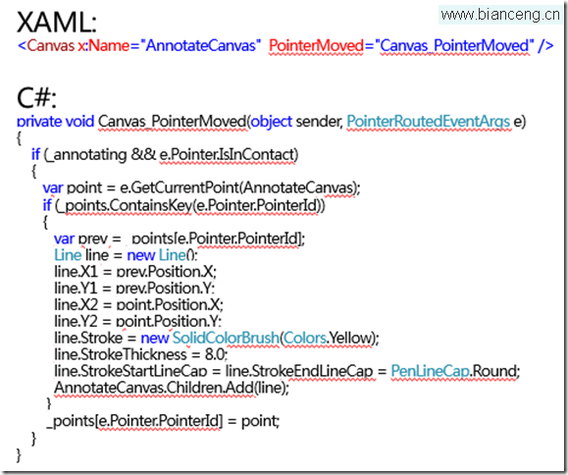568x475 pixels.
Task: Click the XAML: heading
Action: pyautogui.click(x=57, y=23)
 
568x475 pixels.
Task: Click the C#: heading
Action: pyautogui.click(x=36, y=98)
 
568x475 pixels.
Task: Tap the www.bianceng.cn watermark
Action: pyautogui.click(x=500, y=15)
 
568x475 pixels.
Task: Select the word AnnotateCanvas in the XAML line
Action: pyautogui.click(x=200, y=46)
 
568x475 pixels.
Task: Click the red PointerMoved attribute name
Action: pyautogui.click(x=316, y=46)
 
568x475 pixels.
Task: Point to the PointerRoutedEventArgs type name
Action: pyautogui.click(x=428, y=122)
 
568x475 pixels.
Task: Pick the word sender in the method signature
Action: pyautogui.click(x=319, y=122)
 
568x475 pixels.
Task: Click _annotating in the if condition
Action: pyautogui.click(x=86, y=155)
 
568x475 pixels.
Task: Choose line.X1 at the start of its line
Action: pyautogui.click(x=76, y=272)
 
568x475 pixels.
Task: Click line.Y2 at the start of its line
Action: pyautogui.click(x=76, y=321)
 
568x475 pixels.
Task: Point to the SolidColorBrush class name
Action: pyautogui.click(x=226, y=338)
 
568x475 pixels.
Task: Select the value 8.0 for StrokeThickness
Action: pyautogui.click(x=216, y=354)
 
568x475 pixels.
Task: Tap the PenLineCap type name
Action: pyautogui.click(x=431, y=371)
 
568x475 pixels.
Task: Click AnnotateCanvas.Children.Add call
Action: pyautogui.click(x=154, y=388)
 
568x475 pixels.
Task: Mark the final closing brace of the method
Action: pyautogui.click(x=19, y=454)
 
